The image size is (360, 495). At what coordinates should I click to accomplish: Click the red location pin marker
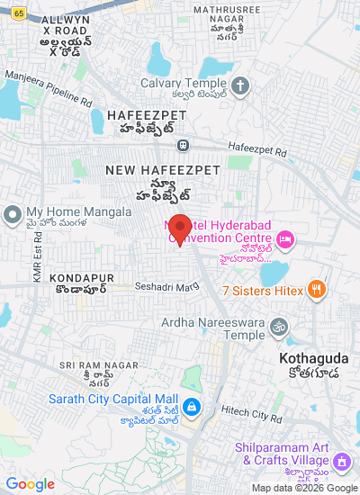(x=179, y=229)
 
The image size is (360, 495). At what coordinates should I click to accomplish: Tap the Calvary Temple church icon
(x=239, y=86)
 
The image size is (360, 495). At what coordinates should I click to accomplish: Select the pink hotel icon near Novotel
(x=285, y=238)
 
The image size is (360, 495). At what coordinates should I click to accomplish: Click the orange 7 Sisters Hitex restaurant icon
(x=316, y=290)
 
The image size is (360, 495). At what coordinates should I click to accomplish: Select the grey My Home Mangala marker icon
(x=12, y=214)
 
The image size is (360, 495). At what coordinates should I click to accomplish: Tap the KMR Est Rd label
(x=37, y=259)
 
